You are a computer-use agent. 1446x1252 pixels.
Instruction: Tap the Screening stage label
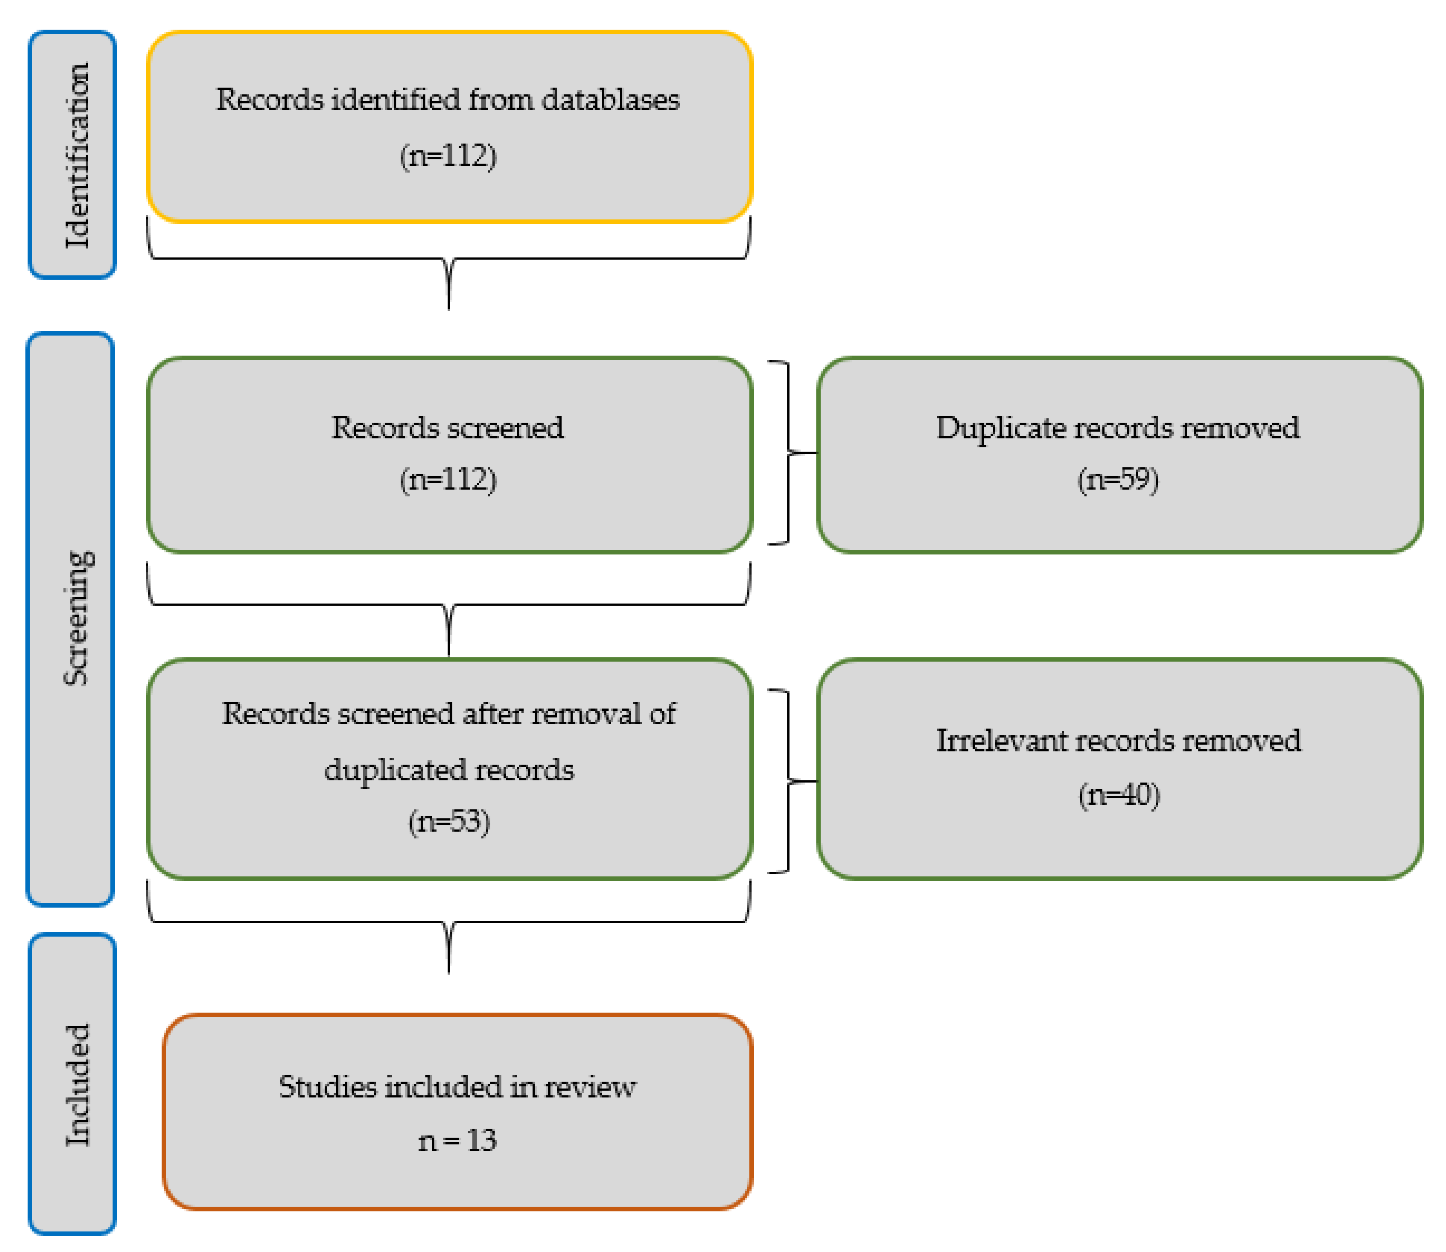coord(77,618)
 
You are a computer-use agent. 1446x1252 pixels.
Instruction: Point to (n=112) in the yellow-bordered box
coord(448,155)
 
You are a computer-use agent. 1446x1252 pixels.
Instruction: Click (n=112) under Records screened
coord(448,479)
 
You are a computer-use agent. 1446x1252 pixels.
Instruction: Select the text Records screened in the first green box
coord(447,428)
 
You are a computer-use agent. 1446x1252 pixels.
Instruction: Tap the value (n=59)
coord(1118,479)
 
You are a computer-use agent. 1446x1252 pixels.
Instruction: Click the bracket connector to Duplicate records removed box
coord(790,453)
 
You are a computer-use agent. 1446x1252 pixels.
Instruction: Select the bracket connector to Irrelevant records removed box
coord(790,781)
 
